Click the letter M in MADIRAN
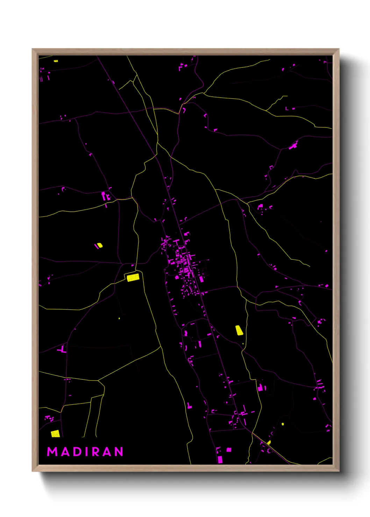[x=52, y=452]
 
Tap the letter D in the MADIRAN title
[x=76, y=452]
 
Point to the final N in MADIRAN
[x=119, y=452]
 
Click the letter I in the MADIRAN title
[x=86, y=452]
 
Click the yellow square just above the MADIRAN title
[x=55, y=434]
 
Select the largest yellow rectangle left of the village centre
[x=133, y=277]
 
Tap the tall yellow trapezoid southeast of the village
[x=239, y=330]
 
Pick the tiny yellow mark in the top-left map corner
[x=56, y=61]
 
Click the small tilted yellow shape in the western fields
[x=99, y=246]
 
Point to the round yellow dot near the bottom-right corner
[x=283, y=424]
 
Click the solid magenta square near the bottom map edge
[x=229, y=450]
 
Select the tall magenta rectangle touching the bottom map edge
[x=220, y=459]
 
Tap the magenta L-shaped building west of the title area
[x=63, y=349]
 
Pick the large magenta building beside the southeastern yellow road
[x=260, y=387]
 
